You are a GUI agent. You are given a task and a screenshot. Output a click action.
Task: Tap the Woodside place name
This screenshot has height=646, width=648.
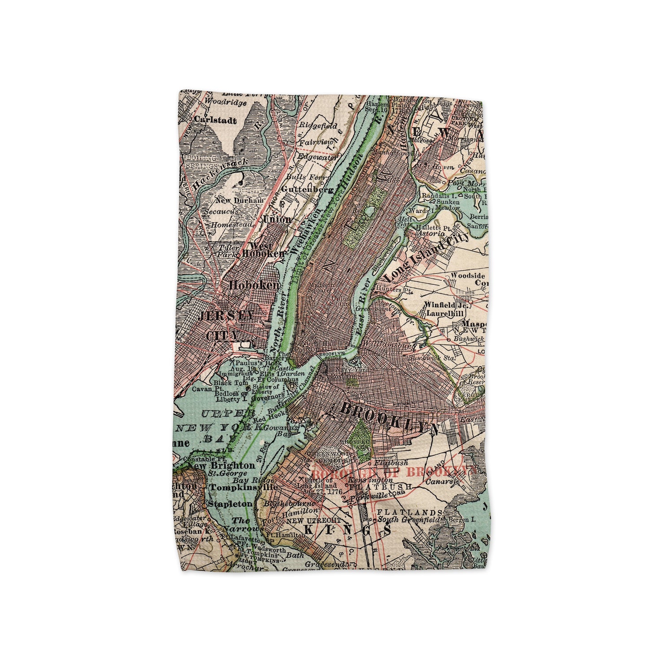[x=468, y=275]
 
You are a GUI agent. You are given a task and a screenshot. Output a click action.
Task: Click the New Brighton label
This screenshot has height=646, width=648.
[x=221, y=465]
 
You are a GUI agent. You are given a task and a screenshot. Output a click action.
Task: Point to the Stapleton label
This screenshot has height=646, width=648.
[x=230, y=504]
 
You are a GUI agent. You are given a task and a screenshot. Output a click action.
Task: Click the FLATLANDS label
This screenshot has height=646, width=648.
[x=406, y=512]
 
